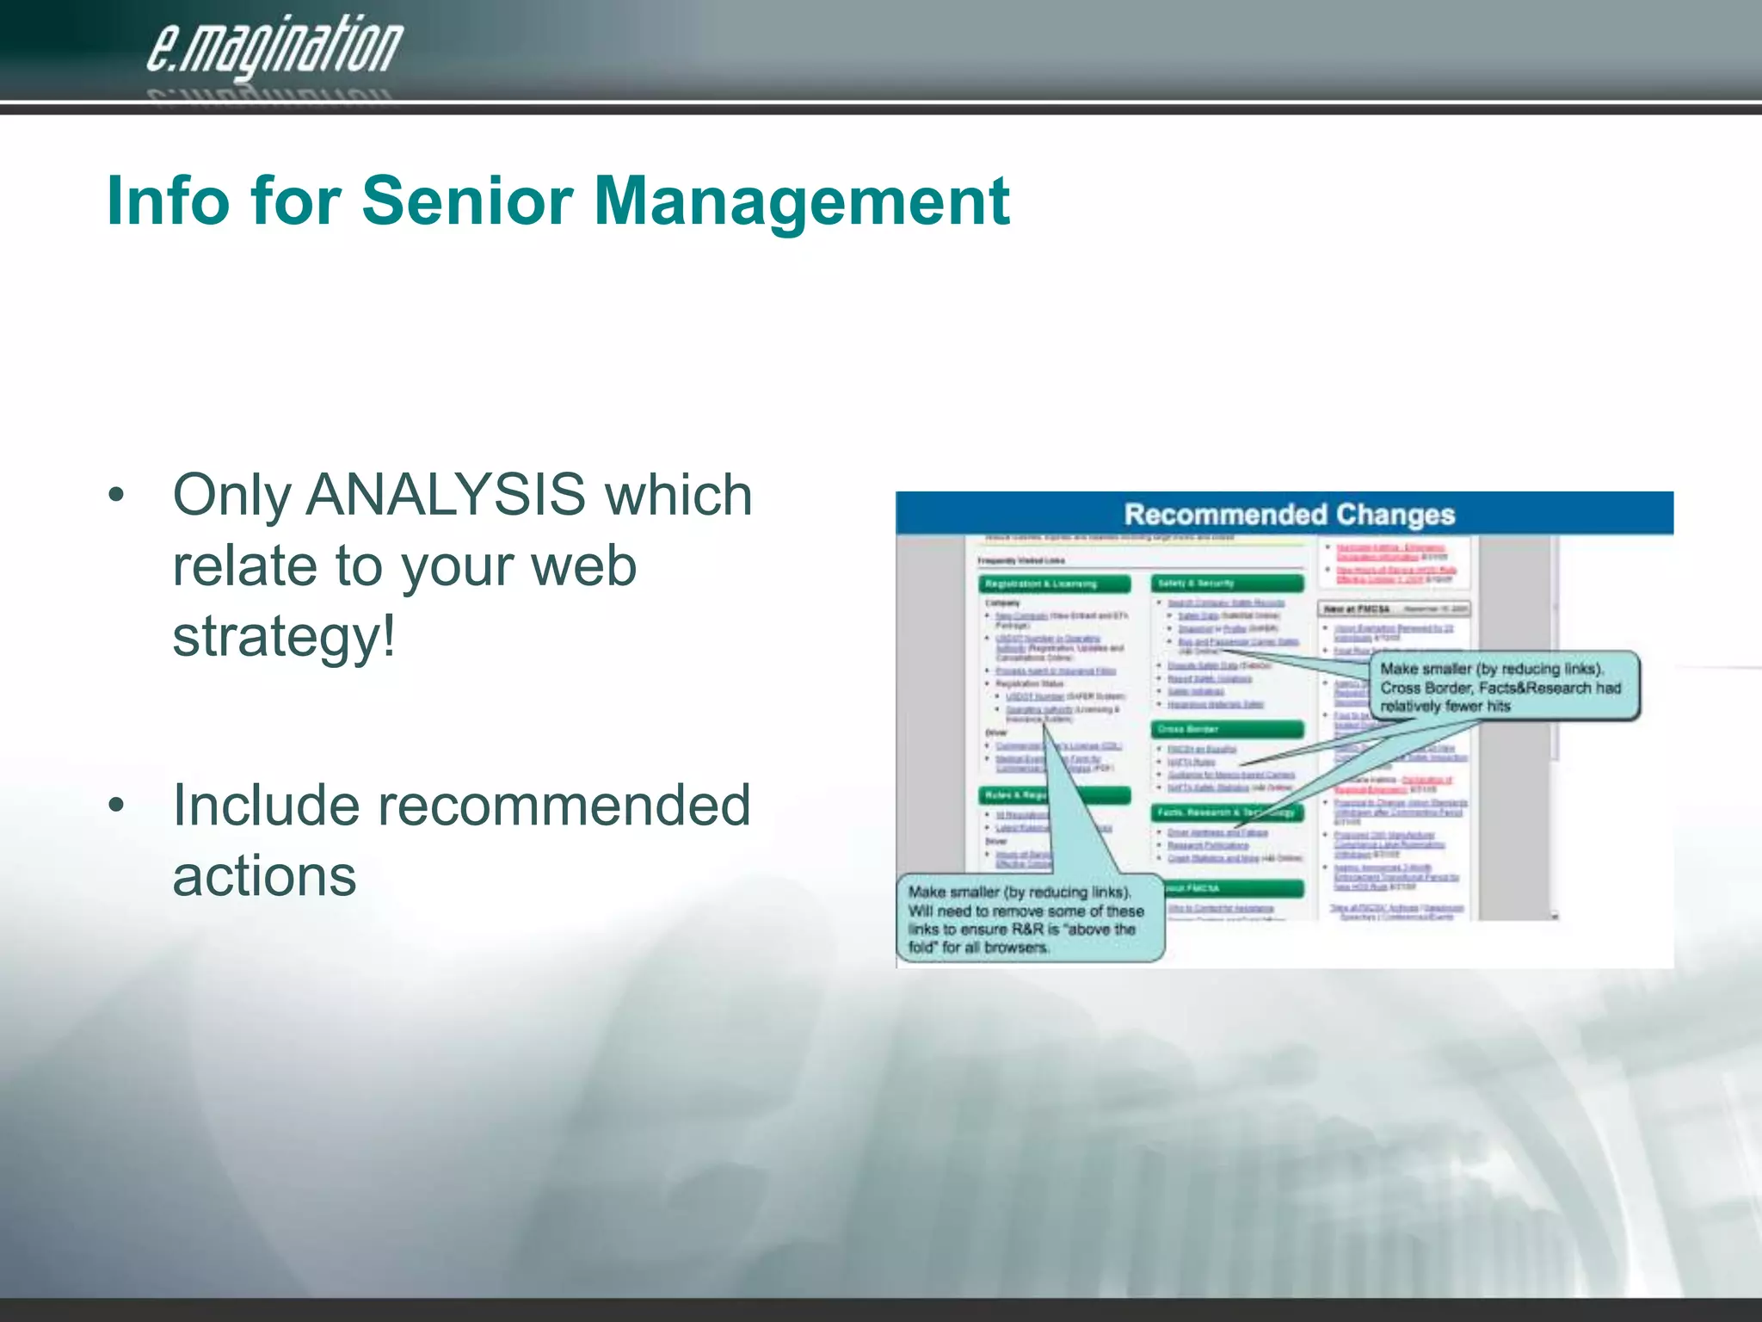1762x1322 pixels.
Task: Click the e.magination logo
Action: pyautogui.click(x=274, y=48)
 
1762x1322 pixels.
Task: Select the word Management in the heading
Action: pyautogui.click(x=802, y=201)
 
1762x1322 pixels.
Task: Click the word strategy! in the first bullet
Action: pyautogui.click(x=284, y=637)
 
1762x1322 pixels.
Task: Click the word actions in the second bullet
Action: pyautogui.click(x=264, y=876)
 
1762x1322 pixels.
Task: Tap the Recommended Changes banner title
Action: pyautogui.click(x=1289, y=515)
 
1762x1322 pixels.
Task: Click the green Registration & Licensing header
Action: pyautogui.click(x=1055, y=584)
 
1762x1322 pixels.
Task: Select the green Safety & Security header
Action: pyautogui.click(x=1227, y=584)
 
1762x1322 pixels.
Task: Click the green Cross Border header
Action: pyautogui.click(x=1227, y=730)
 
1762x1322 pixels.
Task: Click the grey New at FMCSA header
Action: pyautogui.click(x=1393, y=609)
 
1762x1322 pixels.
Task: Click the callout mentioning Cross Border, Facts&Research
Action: pyautogui.click(x=1504, y=687)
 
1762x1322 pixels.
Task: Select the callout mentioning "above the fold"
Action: pyautogui.click(x=1029, y=919)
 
